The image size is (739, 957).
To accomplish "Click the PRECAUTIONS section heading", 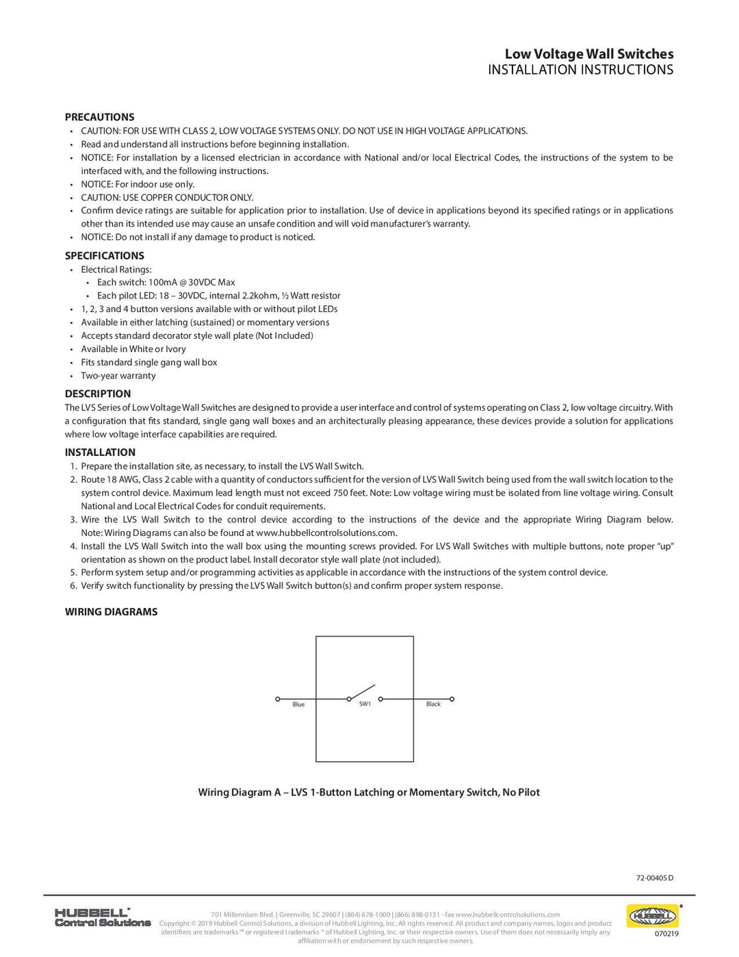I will tap(99, 117).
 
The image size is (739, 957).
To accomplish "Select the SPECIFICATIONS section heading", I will tap(104, 256).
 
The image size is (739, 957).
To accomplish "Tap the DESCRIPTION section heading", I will tap(98, 394).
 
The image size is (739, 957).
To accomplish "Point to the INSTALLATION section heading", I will tap(100, 452).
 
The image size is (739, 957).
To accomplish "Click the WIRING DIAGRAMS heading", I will tap(111, 612).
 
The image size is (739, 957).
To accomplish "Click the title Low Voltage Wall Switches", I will tap(588, 54).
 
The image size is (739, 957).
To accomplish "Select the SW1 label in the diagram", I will tap(365, 704).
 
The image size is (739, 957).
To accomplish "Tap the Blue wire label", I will tap(298, 704).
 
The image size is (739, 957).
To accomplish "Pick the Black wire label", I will tap(433, 704).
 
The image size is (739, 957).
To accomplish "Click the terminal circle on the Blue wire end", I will tap(277, 699).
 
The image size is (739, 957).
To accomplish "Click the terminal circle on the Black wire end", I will tap(452, 699).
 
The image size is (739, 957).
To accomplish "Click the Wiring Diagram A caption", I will tap(369, 793).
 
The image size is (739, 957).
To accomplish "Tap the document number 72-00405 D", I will tap(655, 878).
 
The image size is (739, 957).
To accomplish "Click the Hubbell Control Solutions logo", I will tap(102, 917).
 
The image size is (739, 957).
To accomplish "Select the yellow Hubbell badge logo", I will tap(651, 915).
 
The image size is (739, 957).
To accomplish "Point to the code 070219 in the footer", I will tap(666, 933).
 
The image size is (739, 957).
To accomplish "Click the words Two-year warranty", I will tap(118, 376).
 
